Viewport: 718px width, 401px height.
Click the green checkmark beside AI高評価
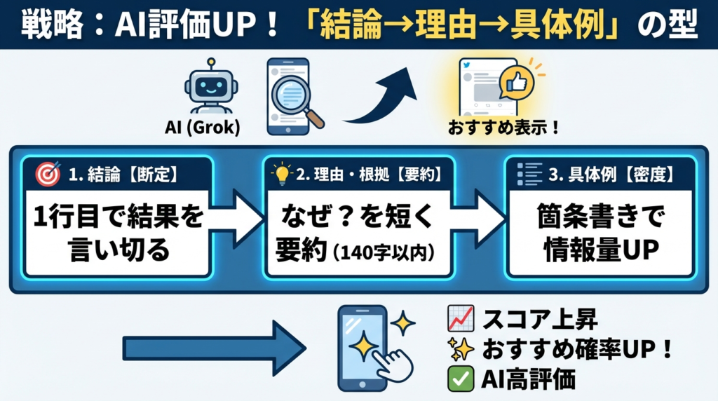(x=457, y=379)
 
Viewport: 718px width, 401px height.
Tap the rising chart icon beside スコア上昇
(x=458, y=320)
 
